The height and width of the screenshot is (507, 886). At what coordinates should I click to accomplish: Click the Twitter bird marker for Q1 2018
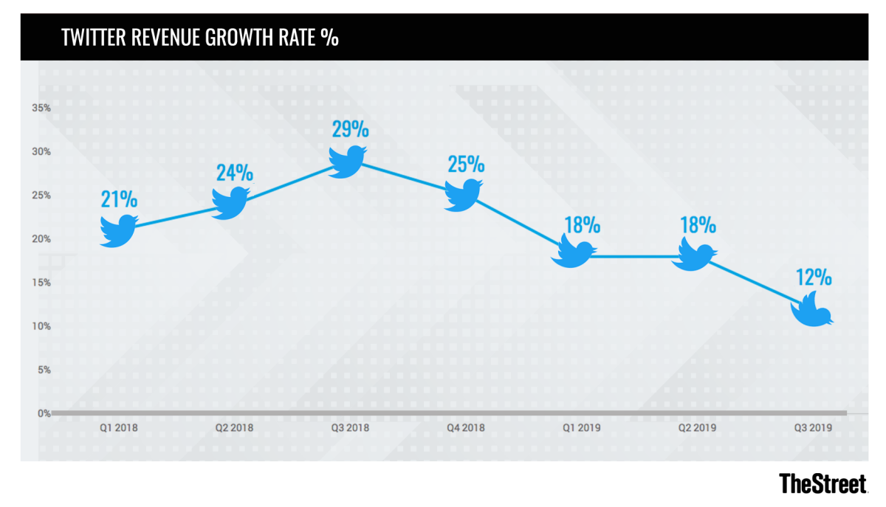(118, 230)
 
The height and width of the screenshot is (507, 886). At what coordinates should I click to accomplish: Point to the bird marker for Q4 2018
(463, 194)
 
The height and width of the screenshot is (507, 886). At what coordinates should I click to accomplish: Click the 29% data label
(350, 129)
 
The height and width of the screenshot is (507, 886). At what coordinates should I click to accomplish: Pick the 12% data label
(814, 277)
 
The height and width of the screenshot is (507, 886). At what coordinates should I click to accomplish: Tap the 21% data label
(119, 199)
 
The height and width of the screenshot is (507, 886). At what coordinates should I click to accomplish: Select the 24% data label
(235, 173)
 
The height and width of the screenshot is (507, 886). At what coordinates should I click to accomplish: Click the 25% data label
(465, 163)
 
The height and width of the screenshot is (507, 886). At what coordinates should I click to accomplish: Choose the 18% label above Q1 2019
(582, 224)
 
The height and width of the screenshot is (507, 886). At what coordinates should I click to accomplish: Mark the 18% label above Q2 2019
(698, 224)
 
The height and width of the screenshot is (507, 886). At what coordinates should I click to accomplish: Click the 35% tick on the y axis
(41, 108)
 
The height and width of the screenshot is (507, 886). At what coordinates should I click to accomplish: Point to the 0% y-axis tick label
(44, 413)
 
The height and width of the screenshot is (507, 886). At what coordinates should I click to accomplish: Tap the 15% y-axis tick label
(41, 283)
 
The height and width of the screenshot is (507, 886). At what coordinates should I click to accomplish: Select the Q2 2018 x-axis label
(235, 427)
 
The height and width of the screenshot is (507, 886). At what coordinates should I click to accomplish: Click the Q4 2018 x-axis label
(467, 427)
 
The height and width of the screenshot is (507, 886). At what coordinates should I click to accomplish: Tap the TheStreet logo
(823, 483)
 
